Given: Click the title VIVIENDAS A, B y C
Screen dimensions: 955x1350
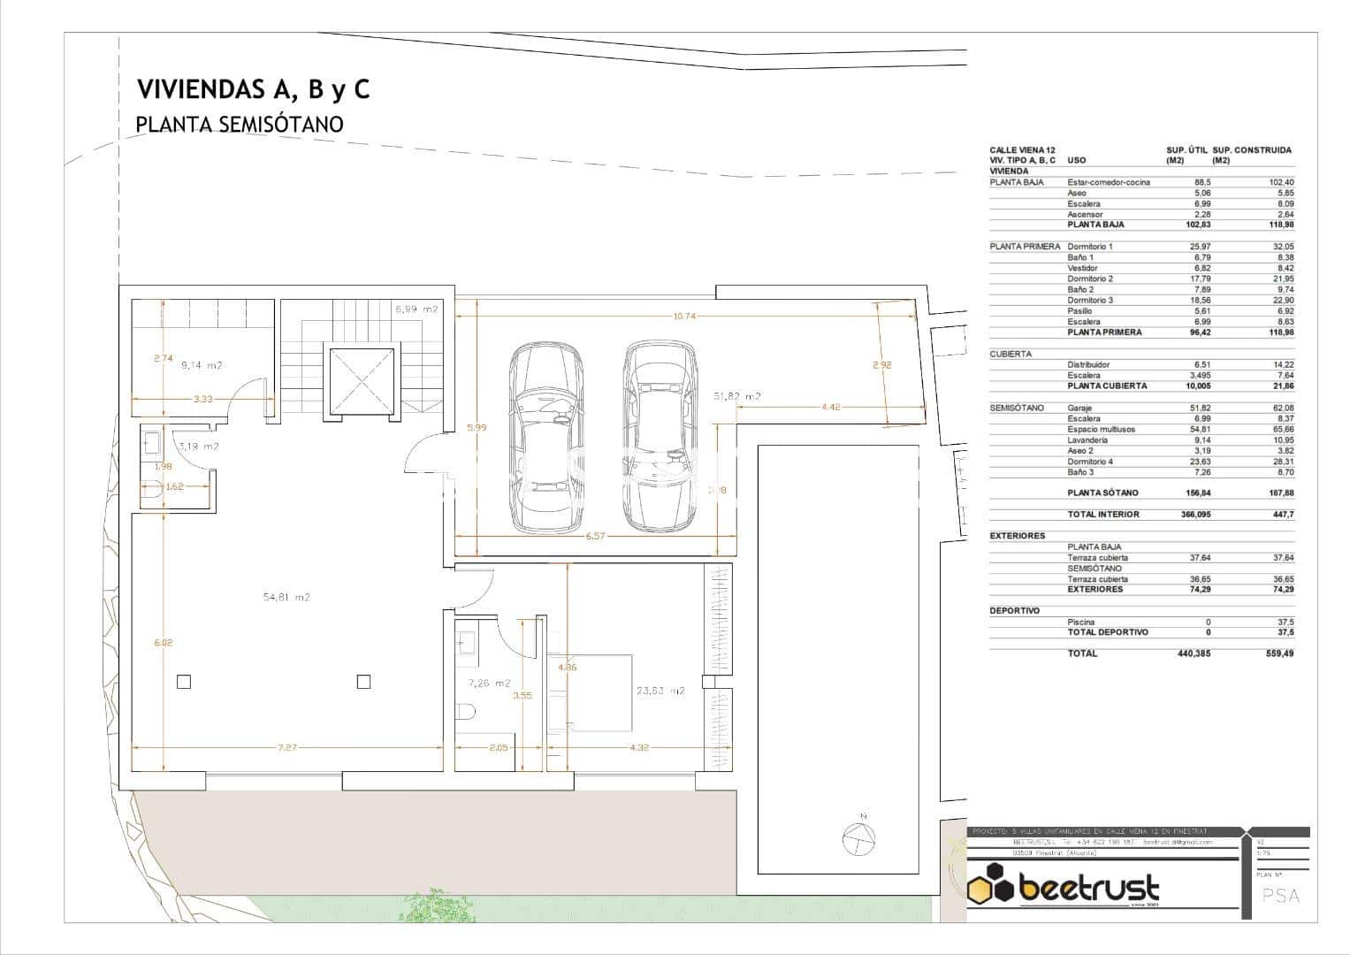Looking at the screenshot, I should point(253,89).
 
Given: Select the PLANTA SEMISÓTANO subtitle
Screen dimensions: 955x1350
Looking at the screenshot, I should point(239,125).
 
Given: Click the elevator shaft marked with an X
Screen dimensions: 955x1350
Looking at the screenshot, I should point(361,381).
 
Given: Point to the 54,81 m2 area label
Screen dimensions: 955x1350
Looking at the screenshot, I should point(286,598).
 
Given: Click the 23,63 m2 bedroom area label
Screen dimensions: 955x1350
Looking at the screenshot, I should point(660,691).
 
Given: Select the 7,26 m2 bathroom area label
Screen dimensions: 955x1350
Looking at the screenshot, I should point(489,684).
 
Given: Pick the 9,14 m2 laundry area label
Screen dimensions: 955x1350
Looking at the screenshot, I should point(201,365).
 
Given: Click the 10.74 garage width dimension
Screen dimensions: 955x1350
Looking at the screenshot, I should point(686,316).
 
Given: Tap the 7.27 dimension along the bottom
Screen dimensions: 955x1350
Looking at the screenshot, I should point(287,748).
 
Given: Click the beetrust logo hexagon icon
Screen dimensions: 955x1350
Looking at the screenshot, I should point(991,888).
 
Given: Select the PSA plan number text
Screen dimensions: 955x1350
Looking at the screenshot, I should point(1281,896).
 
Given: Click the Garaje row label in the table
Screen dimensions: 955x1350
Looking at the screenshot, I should point(1082,408).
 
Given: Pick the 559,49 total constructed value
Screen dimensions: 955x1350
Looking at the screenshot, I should point(1278,653).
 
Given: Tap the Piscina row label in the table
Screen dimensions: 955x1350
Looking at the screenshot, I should point(1080,622).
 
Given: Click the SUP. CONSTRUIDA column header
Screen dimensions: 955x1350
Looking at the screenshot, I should point(1252,150).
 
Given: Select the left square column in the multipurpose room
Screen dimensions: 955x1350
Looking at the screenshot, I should point(183,681).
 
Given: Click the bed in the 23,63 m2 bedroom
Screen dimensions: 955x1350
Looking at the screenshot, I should point(590,692).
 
